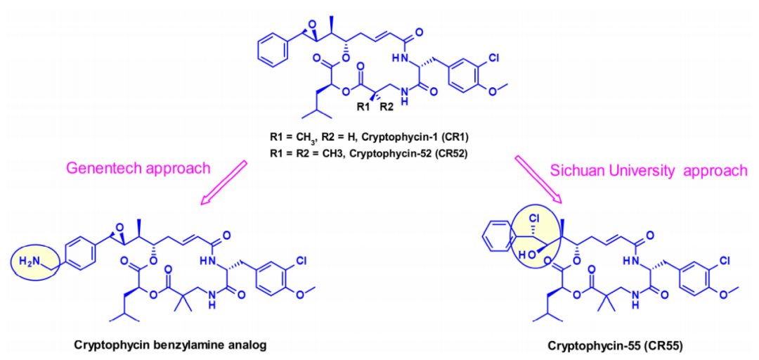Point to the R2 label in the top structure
click(x=386, y=108)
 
